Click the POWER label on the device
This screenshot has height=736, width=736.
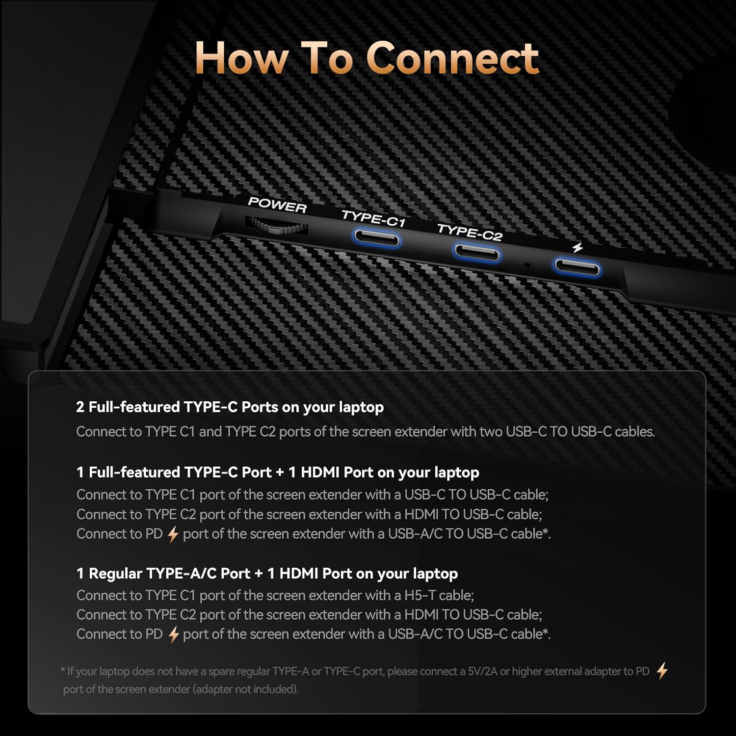[277, 205]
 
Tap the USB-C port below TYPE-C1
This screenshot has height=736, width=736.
[377, 239]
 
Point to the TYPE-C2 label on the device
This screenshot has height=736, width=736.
[470, 233]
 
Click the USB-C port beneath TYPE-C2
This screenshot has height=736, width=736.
[476, 253]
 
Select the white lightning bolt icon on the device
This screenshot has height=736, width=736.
[578, 247]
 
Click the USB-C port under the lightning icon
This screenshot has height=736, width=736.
[577, 268]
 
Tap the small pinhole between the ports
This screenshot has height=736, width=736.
[527, 265]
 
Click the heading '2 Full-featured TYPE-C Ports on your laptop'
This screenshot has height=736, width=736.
[230, 407]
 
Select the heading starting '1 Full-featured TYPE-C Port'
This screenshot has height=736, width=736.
[278, 472]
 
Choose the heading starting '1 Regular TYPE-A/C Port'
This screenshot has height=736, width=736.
[267, 573]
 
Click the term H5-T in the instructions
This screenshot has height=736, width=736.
[420, 595]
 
